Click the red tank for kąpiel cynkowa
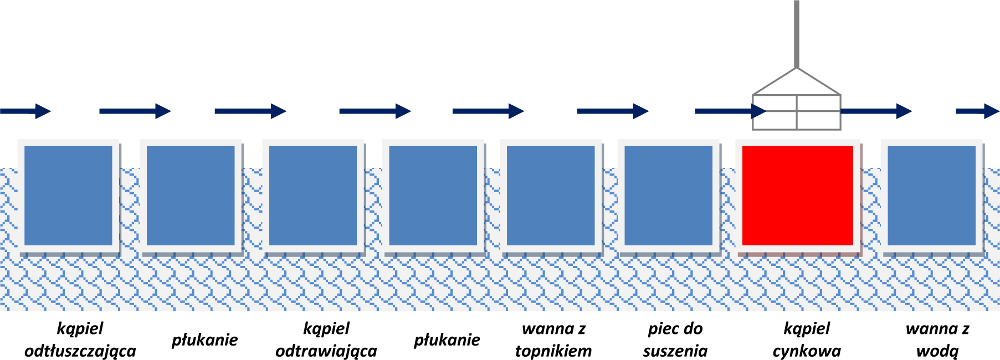click(797, 196)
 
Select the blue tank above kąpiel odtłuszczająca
click(69, 196)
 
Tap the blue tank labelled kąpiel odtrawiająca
click(313, 196)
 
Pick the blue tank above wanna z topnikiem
click(551, 196)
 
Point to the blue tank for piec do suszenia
click(668, 196)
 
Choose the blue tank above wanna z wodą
click(931, 196)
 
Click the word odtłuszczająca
click(80, 351)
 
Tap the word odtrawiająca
click(326, 351)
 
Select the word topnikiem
click(553, 351)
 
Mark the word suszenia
click(675, 351)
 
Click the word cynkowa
click(807, 351)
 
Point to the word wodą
click(937, 351)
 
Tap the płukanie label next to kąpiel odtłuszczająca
click(204, 340)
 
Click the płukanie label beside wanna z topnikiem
click(447, 340)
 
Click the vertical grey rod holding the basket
click(797, 33)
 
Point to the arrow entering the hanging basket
click(726, 111)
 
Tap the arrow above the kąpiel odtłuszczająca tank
click(25, 111)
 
